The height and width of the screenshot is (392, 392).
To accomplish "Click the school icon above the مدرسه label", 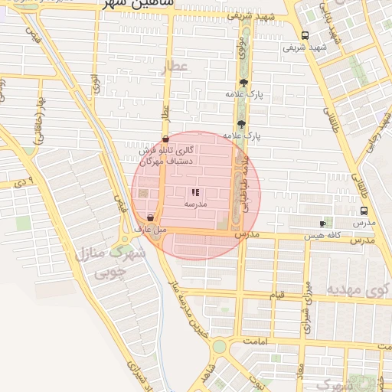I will tap(195, 192).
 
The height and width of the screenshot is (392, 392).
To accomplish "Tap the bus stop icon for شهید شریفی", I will tap(305, 35).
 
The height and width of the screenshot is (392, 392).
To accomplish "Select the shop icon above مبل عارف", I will tap(150, 217).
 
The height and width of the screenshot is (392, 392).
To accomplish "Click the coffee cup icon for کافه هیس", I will tap(322, 224).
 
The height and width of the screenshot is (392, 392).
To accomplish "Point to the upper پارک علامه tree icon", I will tap(243, 82).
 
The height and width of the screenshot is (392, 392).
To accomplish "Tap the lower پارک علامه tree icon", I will tap(241, 123).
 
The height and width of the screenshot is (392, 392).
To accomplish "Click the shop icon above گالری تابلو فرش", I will tap(165, 139).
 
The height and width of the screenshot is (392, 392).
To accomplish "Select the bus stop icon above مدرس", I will tap(363, 211).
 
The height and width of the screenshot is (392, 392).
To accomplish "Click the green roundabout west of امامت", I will tap(219, 347).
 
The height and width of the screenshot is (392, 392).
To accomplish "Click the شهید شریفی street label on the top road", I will tap(256, 16).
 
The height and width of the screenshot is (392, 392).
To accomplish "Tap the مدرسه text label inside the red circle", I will tap(195, 205).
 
